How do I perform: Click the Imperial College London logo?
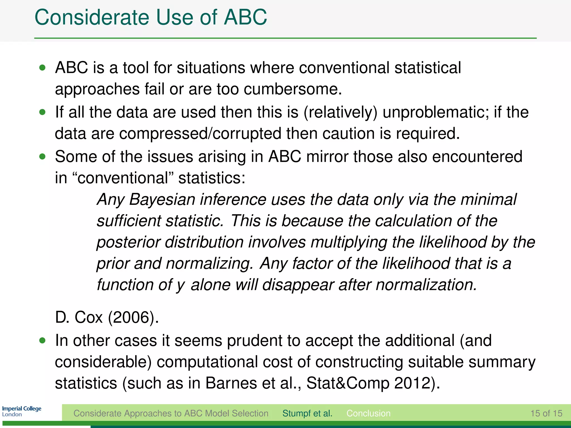click(x=22, y=411)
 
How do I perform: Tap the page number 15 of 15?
click(x=546, y=413)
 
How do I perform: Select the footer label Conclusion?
click(x=368, y=413)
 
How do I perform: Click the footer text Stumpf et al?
click(x=307, y=413)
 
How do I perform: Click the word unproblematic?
click(x=435, y=112)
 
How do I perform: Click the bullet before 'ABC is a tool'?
click(x=42, y=68)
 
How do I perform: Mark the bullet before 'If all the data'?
click(x=42, y=112)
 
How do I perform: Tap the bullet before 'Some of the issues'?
click(x=42, y=157)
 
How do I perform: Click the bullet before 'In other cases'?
click(x=42, y=341)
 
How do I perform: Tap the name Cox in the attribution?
click(x=89, y=317)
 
